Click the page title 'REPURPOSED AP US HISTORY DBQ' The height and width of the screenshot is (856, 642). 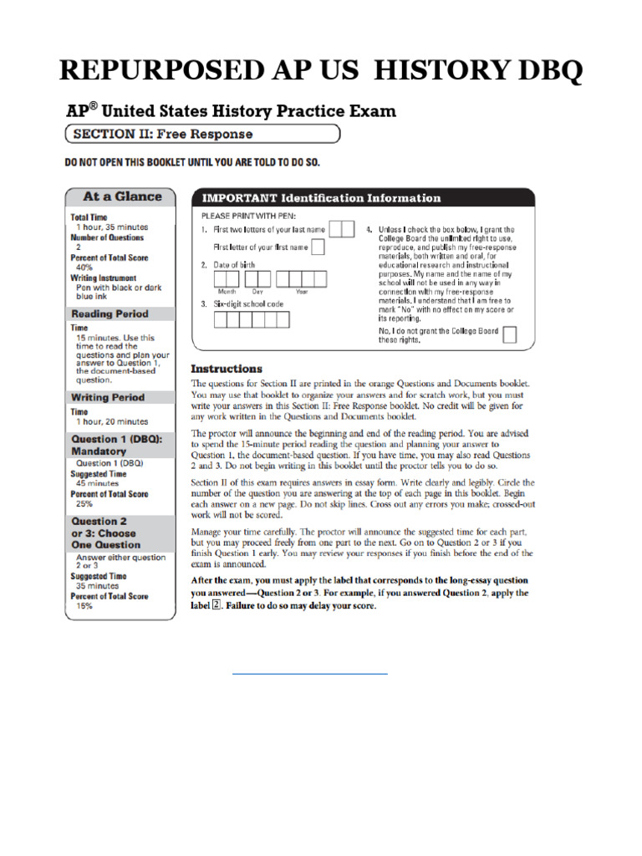tap(321, 73)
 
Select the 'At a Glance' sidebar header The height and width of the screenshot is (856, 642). tap(122, 196)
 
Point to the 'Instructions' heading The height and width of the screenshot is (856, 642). tap(227, 369)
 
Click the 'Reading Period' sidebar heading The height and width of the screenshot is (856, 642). tap(110, 313)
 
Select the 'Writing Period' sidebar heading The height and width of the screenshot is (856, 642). tap(108, 397)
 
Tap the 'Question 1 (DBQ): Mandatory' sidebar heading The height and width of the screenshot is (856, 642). tap(117, 445)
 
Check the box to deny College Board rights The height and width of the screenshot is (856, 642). tap(509, 335)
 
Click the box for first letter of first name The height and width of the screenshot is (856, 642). tap(318, 247)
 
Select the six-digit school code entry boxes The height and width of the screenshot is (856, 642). tap(252, 319)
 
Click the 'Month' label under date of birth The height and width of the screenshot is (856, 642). tap(227, 292)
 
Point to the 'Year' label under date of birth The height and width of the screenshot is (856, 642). tap(301, 292)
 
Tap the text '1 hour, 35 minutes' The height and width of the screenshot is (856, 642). tap(112, 227)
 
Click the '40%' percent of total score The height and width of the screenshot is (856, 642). tap(84, 267)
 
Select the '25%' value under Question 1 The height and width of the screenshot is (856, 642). tap(84, 504)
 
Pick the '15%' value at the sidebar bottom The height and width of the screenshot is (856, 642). tap(84, 606)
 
